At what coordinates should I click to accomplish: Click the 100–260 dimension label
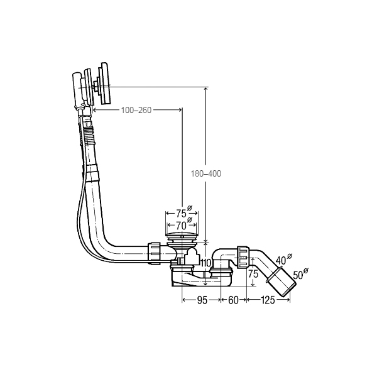136,110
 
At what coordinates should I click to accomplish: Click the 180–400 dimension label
206,173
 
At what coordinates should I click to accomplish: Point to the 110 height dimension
205,263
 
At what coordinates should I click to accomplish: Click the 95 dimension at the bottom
202,300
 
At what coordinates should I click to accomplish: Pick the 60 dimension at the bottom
233,300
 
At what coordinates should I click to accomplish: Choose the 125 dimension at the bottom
268,300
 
